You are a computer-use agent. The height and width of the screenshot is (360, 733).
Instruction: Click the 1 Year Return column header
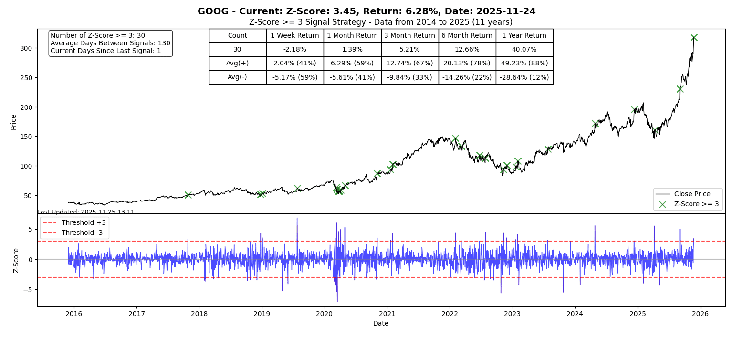pos(524,35)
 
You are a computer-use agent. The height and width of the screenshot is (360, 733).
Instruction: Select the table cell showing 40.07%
pos(524,49)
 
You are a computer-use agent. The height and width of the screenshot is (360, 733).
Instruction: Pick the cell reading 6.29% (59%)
pos(352,63)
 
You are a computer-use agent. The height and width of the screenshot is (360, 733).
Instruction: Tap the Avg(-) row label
pos(237,77)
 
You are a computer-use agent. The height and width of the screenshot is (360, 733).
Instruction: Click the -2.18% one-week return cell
pos(294,49)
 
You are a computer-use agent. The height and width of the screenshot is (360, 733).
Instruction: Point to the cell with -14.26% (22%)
pos(467,77)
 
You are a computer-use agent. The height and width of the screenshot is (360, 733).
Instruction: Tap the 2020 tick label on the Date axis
pos(325,314)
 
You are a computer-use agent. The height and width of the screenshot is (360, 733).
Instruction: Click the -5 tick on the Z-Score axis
pos(28,289)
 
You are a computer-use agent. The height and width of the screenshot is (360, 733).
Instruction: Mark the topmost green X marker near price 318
pos(694,38)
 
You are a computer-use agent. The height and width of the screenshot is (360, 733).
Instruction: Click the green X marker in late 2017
pos(188,195)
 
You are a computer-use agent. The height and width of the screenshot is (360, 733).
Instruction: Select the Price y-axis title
pos(13,122)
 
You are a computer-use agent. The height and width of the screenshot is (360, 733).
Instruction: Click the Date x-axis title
pos(381,323)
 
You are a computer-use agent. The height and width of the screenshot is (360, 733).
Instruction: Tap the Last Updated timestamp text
pos(86,212)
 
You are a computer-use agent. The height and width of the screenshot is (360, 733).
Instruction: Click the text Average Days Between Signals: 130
pos(110,43)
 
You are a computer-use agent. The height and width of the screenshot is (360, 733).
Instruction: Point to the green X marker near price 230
pos(680,89)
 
